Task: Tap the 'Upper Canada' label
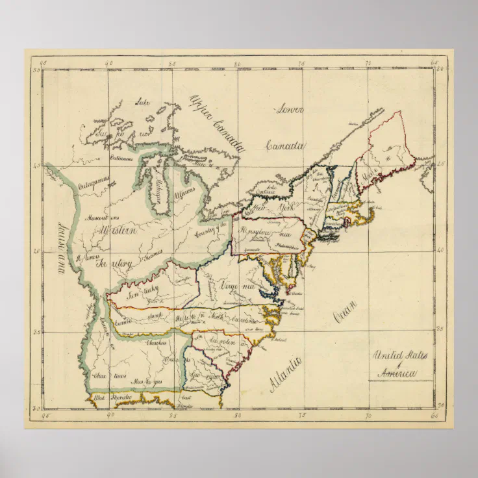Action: pyautogui.click(x=216, y=123)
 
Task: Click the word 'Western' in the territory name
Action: pyautogui.click(x=116, y=231)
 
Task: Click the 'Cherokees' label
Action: pyautogui.click(x=156, y=342)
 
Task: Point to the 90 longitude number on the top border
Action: pyautogui.click(x=109, y=64)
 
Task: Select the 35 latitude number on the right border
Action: pyautogui.click(x=440, y=329)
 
